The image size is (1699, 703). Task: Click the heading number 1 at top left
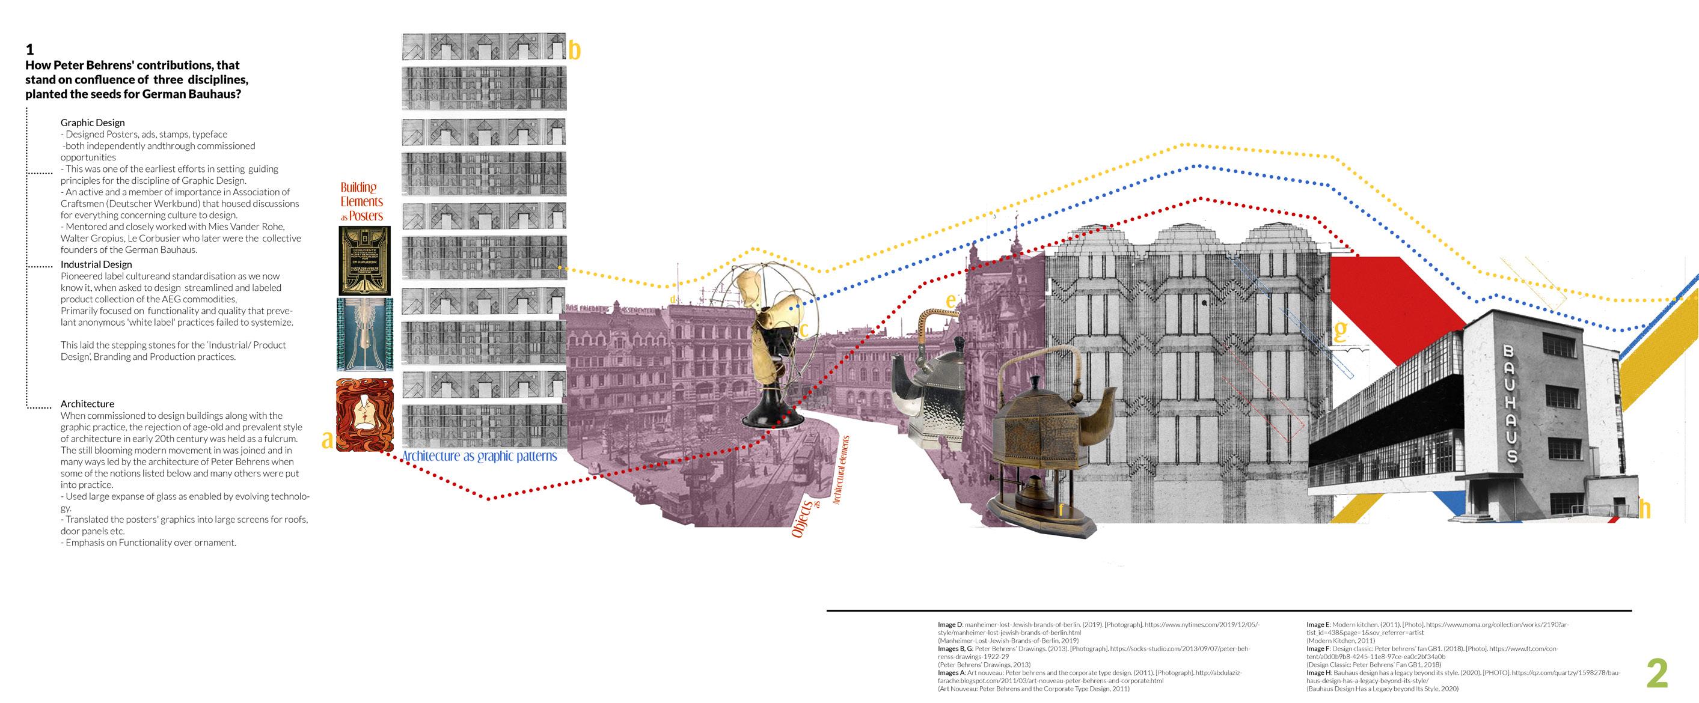[x=29, y=49]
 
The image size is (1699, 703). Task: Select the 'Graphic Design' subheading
[x=93, y=123]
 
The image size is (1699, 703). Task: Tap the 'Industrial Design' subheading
[x=96, y=264]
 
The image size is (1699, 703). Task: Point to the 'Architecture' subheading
[x=87, y=404]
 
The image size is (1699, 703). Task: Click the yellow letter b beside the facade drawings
[x=575, y=50]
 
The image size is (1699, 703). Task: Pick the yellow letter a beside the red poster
[x=327, y=439]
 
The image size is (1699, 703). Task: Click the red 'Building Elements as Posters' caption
[x=361, y=202]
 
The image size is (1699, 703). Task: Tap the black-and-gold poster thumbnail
[x=364, y=261]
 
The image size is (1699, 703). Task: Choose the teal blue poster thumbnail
[x=364, y=333]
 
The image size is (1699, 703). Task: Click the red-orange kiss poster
[x=365, y=415]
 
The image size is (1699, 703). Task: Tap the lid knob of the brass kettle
[x=1033, y=383]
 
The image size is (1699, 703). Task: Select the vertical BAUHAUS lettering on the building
[x=1510, y=404]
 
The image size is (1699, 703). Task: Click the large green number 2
[x=1658, y=674]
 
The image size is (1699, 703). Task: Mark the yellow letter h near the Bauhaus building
[x=1645, y=508]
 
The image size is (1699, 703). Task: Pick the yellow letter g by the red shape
[x=1340, y=330]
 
